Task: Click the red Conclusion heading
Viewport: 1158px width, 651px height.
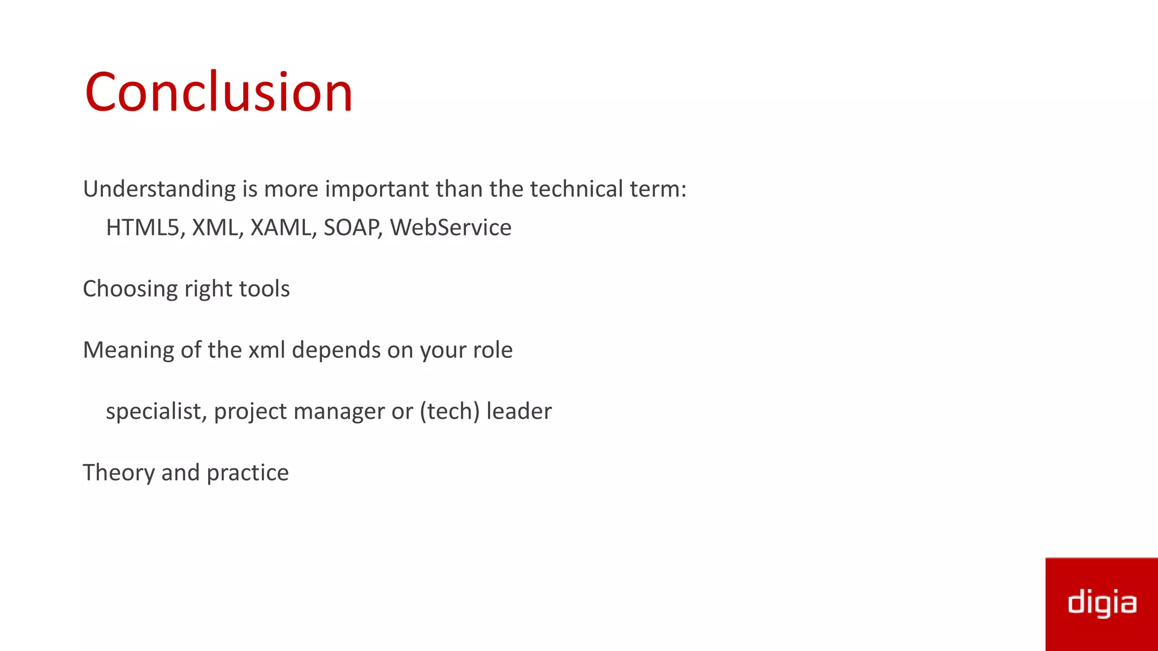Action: coord(219,92)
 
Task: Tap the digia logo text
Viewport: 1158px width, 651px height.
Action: coord(1101,604)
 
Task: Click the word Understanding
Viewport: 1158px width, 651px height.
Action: coord(159,189)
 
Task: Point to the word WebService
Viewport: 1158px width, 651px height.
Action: coord(451,228)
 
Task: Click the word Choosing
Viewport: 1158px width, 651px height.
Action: coord(131,289)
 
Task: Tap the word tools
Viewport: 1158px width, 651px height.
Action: coord(265,289)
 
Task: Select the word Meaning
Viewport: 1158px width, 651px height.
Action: coord(128,350)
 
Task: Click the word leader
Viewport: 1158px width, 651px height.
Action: coord(518,411)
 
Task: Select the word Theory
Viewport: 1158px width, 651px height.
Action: coord(119,473)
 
